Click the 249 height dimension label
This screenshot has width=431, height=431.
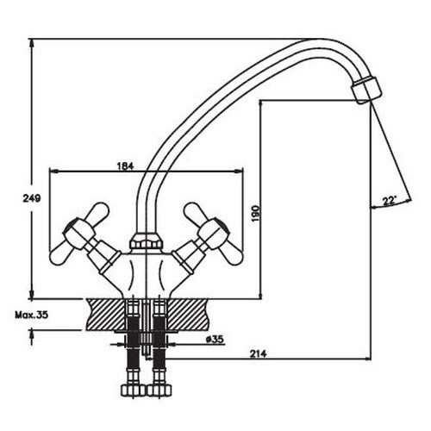(32, 198)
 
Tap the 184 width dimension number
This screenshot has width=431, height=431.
(126, 166)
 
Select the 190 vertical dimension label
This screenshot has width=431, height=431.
(255, 214)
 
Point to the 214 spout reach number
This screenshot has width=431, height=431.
(258, 353)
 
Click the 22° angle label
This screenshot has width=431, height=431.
(390, 201)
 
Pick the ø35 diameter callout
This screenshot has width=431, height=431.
(215, 340)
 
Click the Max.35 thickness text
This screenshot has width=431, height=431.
(32, 315)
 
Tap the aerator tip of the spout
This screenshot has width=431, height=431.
(366, 90)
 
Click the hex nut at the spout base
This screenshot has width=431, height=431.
(145, 241)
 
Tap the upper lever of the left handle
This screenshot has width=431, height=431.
(97, 212)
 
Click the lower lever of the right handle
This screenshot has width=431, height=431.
(233, 253)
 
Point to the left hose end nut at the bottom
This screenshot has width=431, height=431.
(133, 390)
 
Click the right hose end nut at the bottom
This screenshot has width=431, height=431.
(159, 390)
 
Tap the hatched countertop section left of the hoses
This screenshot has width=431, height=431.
(106, 314)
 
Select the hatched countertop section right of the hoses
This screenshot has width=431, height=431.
(188, 314)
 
